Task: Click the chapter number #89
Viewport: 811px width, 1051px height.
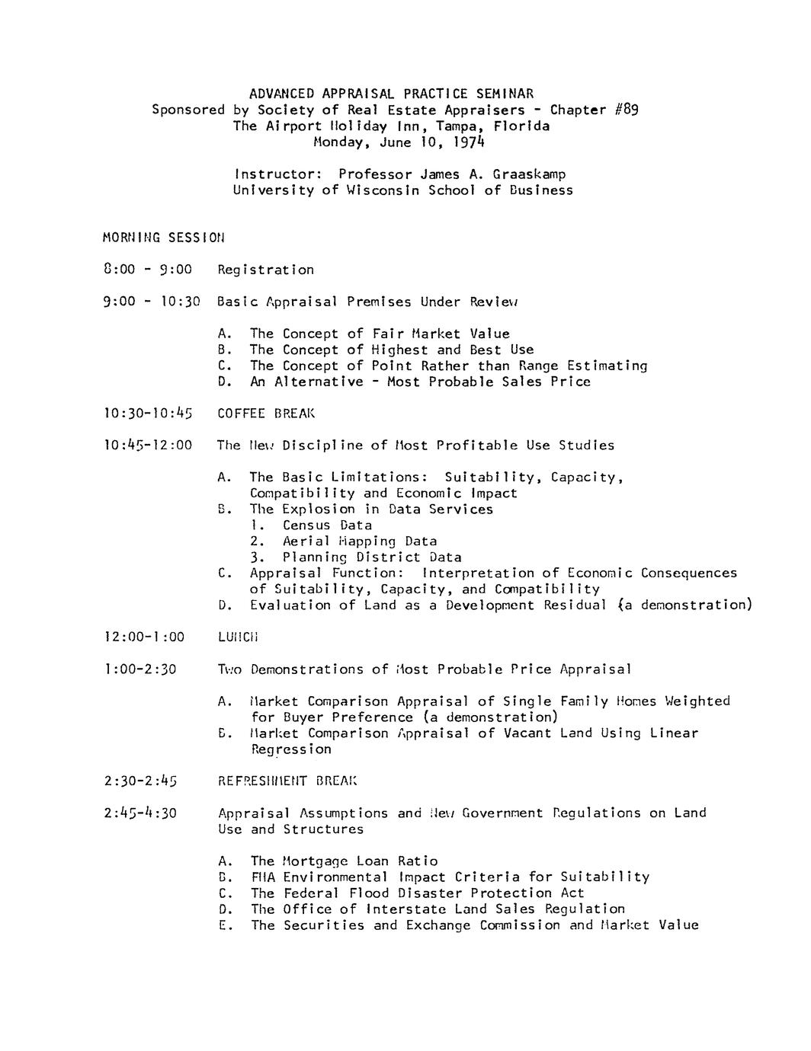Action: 626,110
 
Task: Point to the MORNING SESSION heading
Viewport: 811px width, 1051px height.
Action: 164,238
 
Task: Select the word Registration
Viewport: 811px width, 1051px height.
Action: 265,270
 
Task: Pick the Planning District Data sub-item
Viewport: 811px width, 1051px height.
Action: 372,557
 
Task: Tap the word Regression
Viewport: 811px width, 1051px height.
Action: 291,749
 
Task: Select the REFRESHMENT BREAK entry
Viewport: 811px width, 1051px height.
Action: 287,781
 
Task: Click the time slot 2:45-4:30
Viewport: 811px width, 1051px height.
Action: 139,813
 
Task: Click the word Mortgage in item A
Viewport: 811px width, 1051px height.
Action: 315,861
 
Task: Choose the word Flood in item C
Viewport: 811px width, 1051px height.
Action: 369,893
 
